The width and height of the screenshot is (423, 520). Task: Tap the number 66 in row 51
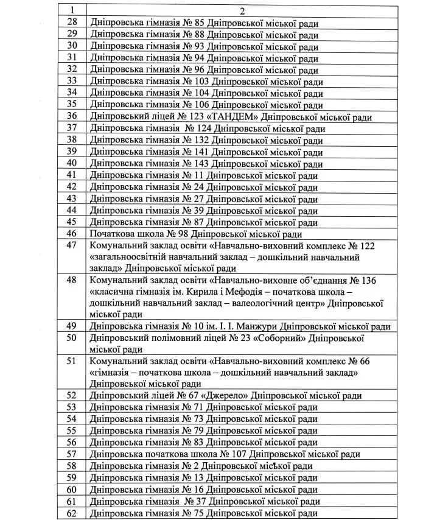coord(364,361)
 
